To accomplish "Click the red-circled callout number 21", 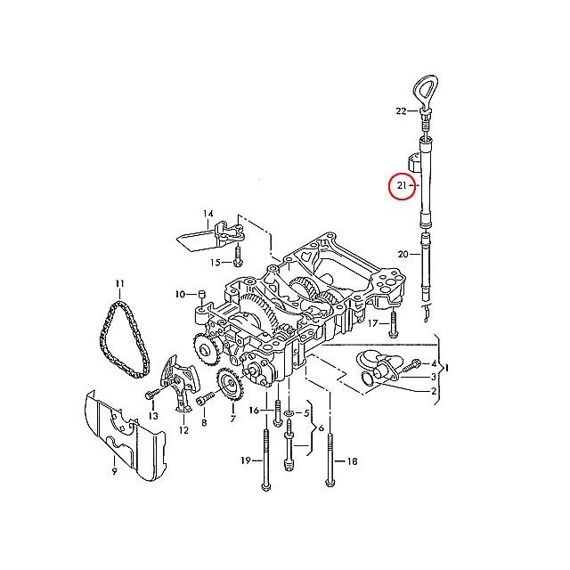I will (x=402, y=186).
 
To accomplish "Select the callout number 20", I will (x=403, y=255).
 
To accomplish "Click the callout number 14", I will (x=208, y=214).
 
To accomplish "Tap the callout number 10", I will (x=179, y=294).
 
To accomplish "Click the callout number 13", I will (x=153, y=416).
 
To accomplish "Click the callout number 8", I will (x=203, y=423).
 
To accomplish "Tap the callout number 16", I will (x=254, y=411).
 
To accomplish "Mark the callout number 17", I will (x=373, y=322).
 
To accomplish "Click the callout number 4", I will (x=434, y=364).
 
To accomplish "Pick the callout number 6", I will (x=320, y=428).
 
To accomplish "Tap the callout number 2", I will (x=434, y=391).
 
